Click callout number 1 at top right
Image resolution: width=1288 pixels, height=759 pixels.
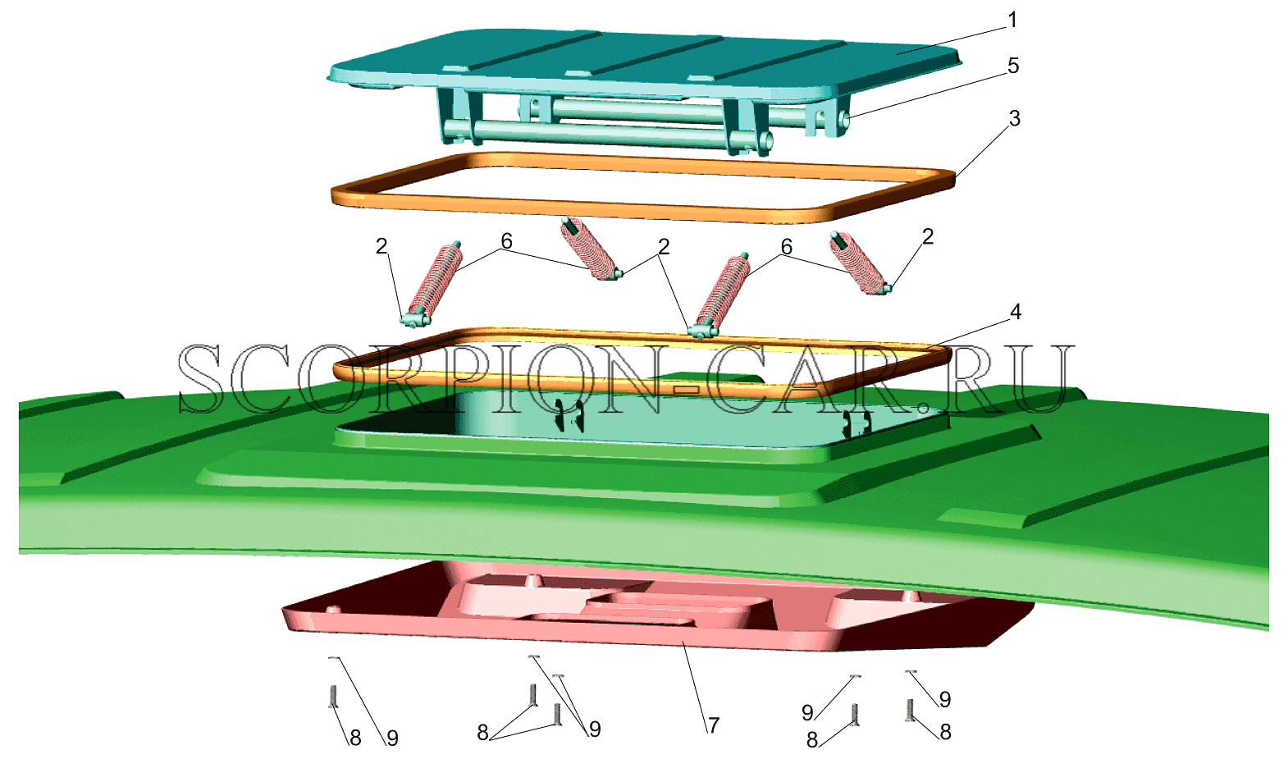coord(1012,21)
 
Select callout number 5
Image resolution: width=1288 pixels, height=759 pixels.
coord(1013,66)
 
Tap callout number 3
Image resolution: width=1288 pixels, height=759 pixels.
coord(1015,118)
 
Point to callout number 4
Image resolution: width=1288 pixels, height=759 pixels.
coord(1016,312)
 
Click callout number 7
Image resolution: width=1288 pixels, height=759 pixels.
coord(714,725)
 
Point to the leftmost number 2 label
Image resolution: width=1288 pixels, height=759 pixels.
coord(381,247)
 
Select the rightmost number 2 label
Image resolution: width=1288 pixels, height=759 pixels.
coord(928,236)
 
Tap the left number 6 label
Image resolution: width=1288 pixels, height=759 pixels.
coord(506,241)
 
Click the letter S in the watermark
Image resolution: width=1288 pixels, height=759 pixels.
coord(201,379)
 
